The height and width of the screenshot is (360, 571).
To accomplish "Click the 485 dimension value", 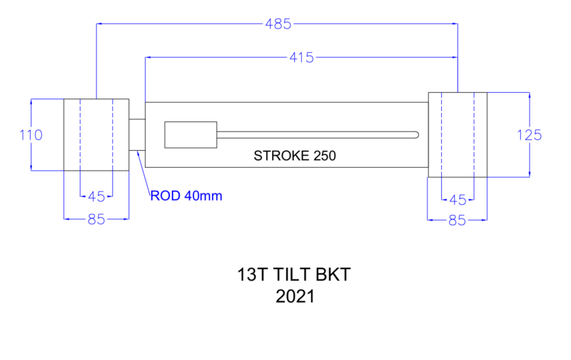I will point(278,24).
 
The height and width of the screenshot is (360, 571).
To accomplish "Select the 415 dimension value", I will point(302,57).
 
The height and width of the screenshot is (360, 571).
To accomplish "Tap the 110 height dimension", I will point(31,134).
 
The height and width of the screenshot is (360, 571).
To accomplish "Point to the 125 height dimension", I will point(530,134).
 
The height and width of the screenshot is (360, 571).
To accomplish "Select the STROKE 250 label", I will point(295,155).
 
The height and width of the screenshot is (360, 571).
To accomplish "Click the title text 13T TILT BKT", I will point(294,274).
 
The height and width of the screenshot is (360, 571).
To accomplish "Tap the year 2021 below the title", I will point(294,296).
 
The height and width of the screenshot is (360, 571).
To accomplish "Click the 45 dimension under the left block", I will point(96,196).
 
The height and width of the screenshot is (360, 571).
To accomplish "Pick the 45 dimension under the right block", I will point(457,199).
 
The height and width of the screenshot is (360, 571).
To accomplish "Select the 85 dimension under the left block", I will point(96,219).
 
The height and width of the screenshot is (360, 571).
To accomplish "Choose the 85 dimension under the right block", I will point(457,221).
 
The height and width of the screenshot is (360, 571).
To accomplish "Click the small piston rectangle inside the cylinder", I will point(191,134).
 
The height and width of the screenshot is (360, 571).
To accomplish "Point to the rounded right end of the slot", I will point(416,134).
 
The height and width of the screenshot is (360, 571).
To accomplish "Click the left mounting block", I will point(96,134).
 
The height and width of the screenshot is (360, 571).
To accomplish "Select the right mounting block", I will point(457,134).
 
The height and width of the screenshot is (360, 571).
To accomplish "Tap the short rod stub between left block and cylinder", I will point(137,134).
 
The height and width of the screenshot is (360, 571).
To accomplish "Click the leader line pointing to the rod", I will point(143,172).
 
